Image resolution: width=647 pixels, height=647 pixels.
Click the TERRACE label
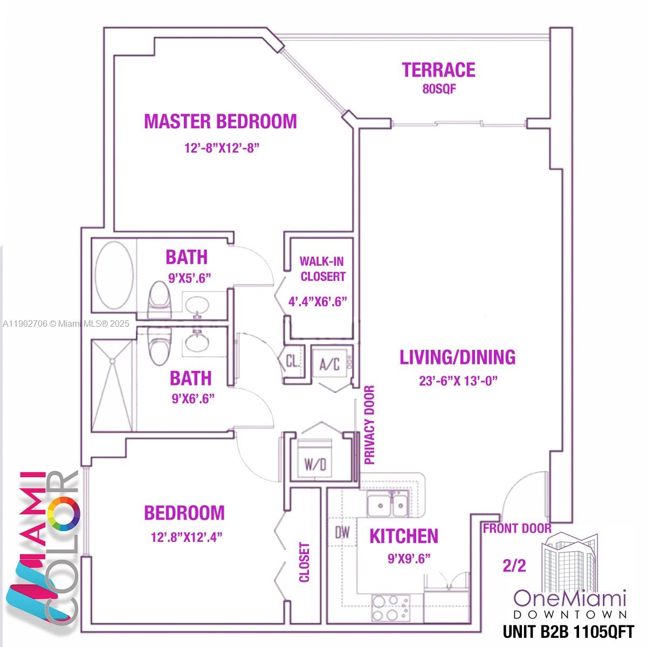(438, 70)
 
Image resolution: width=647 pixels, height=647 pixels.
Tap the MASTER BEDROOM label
(220, 121)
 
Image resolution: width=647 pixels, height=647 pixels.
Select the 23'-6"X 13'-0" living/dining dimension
(458, 381)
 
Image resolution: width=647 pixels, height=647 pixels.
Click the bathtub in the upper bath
(114, 274)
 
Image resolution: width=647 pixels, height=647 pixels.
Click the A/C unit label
(329, 364)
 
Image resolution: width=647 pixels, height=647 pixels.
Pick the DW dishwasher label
(342, 533)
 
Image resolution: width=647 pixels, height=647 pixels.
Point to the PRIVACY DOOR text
(369, 425)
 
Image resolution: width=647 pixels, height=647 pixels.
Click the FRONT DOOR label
(517, 528)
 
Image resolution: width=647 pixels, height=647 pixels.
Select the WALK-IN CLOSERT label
(322, 269)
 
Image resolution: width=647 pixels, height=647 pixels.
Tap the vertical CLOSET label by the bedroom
(305, 562)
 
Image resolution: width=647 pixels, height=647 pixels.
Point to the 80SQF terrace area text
(439, 90)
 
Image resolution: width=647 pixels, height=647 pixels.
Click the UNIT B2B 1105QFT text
(568, 631)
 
